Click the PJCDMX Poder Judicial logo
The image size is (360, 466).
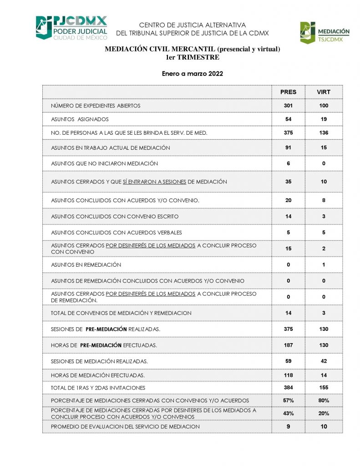71,28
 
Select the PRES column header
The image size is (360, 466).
288,92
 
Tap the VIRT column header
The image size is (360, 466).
324,92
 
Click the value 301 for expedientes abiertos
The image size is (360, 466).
288,106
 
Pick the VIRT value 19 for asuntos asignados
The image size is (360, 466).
324,119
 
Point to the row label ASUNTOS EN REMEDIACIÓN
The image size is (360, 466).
86,265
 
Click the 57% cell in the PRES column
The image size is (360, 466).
288,400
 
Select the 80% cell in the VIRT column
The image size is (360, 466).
324,400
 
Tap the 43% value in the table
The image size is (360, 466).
288,414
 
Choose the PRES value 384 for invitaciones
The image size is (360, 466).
288,388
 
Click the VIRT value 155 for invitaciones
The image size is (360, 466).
324,388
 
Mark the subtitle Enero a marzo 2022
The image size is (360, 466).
193,74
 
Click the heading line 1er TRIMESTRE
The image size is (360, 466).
193,57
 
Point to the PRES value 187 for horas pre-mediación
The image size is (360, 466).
288,345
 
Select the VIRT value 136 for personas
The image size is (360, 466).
324,133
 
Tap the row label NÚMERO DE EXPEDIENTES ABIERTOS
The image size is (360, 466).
96,106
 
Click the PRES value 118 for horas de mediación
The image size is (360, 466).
288,375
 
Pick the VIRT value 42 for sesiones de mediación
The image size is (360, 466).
324,361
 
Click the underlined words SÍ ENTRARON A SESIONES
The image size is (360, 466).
154,182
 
